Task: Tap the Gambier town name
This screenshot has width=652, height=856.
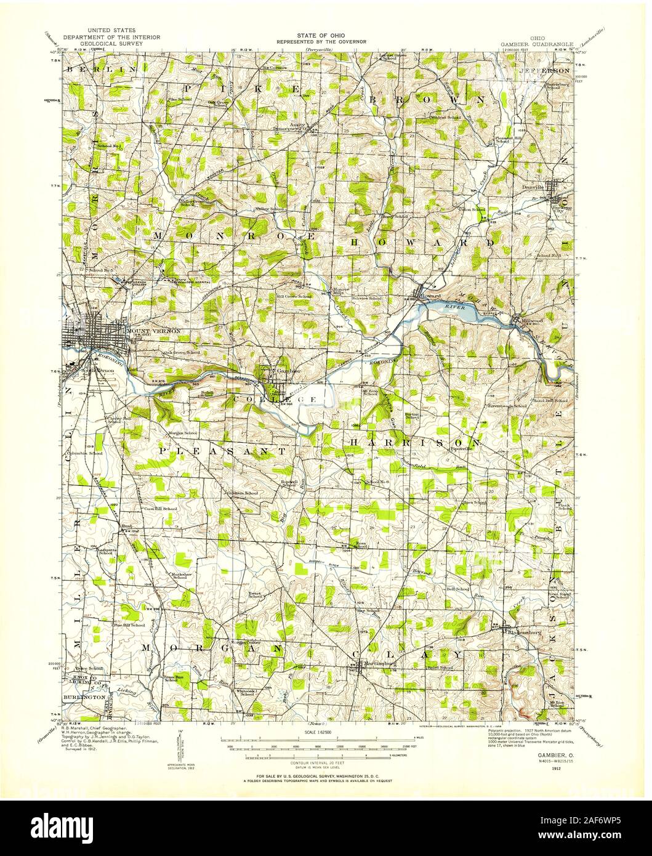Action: (289, 372)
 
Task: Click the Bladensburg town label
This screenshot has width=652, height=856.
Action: (523, 631)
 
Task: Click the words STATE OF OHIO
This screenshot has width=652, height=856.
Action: (321, 36)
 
